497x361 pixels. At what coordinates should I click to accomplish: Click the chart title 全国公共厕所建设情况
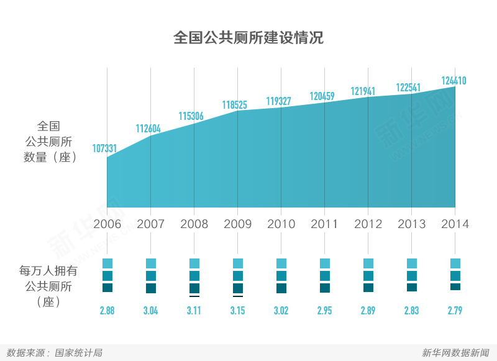click(x=248, y=38)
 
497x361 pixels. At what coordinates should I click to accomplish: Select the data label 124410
click(x=454, y=81)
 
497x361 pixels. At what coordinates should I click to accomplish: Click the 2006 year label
click(x=107, y=224)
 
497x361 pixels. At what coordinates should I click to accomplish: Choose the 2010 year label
click(x=281, y=224)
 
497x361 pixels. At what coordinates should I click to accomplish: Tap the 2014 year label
click(x=455, y=224)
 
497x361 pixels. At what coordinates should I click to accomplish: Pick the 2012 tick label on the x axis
click(x=368, y=224)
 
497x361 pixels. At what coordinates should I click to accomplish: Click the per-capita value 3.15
click(x=237, y=311)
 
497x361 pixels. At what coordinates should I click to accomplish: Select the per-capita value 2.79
click(x=455, y=311)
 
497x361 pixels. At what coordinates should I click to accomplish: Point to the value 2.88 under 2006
click(x=107, y=311)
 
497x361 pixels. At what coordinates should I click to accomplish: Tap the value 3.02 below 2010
click(x=281, y=311)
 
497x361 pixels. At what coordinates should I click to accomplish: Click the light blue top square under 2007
click(x=151, y=263)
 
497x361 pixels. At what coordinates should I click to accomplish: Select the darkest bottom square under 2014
click(x=455, y=286)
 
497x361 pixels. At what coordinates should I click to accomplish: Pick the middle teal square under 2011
click(x=325, y=276)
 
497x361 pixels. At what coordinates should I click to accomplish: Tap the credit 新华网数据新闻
click(x=455, y=353)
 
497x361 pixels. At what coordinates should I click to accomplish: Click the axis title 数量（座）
click(x=50, y=157)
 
